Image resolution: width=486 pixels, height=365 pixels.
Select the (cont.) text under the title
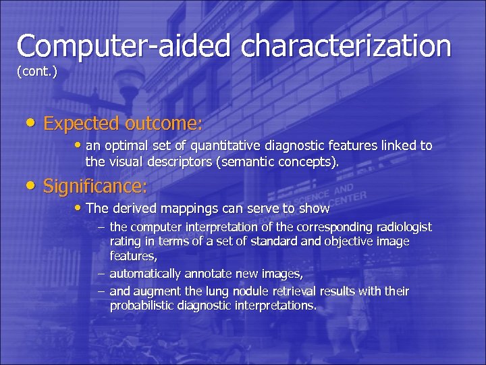pyautogui.click(x=37, y=71)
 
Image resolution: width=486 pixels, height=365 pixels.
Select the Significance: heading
pyautogui.click(x=94, y=186)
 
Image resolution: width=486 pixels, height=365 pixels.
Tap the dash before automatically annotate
pyautogui.click(x=101, y=274)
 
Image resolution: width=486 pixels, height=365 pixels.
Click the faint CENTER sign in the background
pyautogui.click(x=344, y=197)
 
